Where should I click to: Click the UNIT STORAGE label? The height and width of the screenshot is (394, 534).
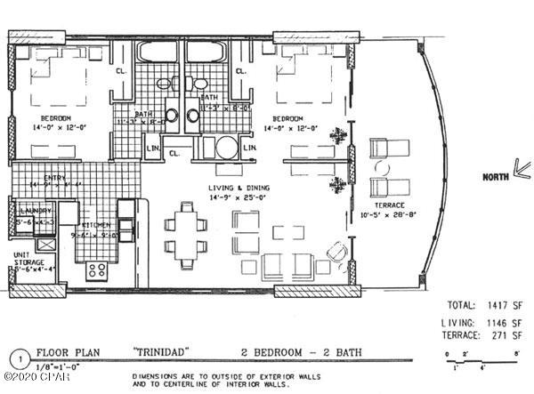click(25, 259)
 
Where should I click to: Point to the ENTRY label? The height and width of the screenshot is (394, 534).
click(43, 177)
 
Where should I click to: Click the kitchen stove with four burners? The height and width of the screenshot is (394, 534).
click(96, 269)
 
